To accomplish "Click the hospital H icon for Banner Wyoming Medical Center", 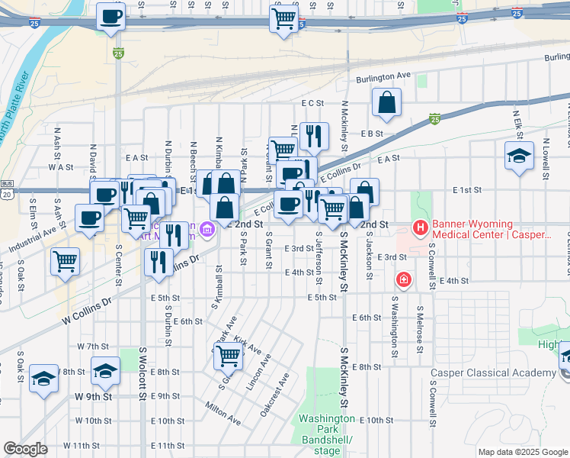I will tap(420, 227).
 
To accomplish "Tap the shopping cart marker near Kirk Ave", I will tap(229, 355).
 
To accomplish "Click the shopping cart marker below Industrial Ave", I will tap(65, 261).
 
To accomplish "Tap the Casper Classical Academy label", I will tap(492, 373).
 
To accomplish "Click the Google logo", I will tap(25, 448).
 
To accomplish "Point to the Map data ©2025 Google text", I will tap(523, 452).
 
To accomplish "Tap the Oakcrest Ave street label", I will tap(274, 394).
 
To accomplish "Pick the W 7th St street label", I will tap(93, 346).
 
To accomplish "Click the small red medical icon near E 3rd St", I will tap(404, 279).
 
